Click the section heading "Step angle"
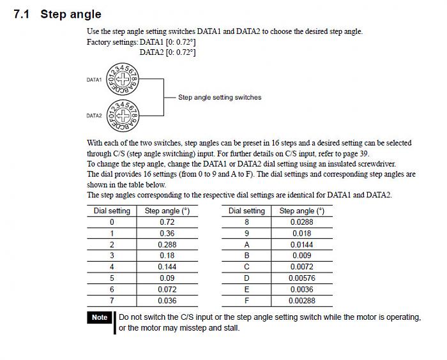click(x=70, y=14)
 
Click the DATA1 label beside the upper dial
click(x=94, y=80)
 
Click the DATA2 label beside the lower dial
click(x=94, y=116)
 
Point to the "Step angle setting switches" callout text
click(x=220, y=98)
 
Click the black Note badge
click(x=100, y=317)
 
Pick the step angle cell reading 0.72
click(x=167, y=222)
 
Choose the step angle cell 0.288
click(x=167, y=244)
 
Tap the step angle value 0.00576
click(x=301, y=278)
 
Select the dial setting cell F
click(x=246, y=301)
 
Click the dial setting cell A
click(x=246, y=244)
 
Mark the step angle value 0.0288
click(x=301, y=222)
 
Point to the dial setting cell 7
click(x=112, y=301)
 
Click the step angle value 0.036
click(x=167, y=301)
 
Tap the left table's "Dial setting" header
click(x=112, y=211)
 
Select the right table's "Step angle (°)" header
click(x=301, y=211)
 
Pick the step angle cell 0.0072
click(x=301, y=267)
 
